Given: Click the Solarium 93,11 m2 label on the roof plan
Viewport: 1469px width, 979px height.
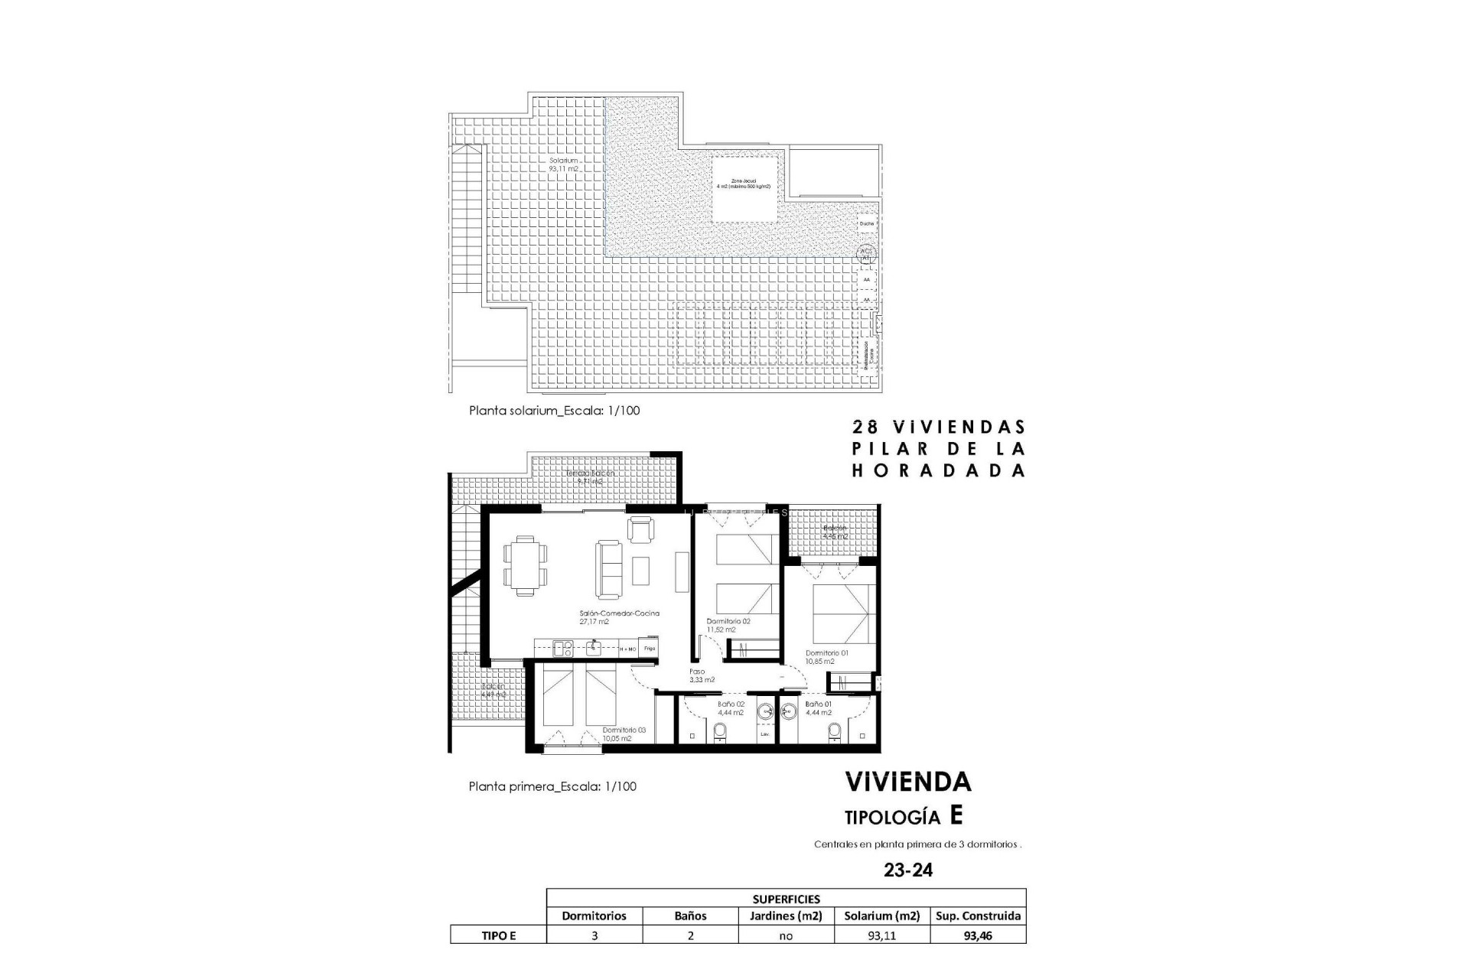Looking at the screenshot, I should (x=563, y=164).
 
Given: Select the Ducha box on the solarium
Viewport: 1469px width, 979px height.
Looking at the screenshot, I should (x=866, y=223).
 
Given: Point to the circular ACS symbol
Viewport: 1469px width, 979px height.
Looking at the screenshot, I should (x=866, y=253).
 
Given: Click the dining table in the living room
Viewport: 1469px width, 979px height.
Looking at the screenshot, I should (x=526, y=564).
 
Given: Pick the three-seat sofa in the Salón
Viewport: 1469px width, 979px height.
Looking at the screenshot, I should (x=610, y=569).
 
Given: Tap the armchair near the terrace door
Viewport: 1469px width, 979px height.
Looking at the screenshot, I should (x=641, y=529).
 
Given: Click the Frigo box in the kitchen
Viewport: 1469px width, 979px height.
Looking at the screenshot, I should (x=649, y=649).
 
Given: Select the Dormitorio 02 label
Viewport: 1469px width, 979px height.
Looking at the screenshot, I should (x=728, y=621).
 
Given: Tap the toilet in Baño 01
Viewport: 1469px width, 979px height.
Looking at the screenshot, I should (x=835, y=733).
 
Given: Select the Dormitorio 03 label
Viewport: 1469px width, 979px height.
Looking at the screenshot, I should (x=624, y=730).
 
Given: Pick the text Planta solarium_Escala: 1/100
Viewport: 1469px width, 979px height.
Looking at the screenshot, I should (x=554, y=411).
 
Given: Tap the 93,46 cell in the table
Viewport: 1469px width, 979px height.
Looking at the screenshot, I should (x=978, y=935).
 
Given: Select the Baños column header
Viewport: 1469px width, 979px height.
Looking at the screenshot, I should (x=690, y=916).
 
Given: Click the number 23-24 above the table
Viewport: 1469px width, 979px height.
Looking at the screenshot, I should (x=908, y=870).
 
